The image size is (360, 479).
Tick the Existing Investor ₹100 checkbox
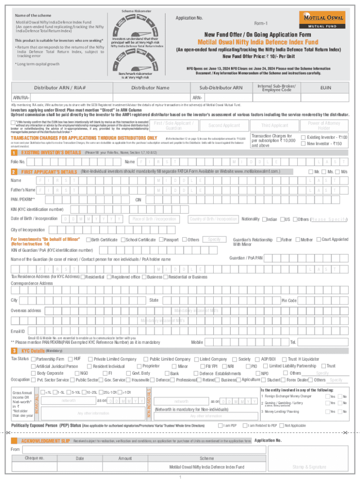click(x=303, y=137)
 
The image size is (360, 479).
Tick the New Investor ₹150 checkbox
click(x=303, y=144)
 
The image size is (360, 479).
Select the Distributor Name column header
click(x=150, y=87)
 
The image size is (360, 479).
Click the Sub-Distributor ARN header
click(x=221, y=87)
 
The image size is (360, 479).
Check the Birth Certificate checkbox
click(x=88, y=240)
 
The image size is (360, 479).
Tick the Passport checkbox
click(x=161, y=240)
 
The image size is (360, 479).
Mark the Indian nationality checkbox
click(x=265, y=219)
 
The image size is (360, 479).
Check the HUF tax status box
click(x=70, y=359)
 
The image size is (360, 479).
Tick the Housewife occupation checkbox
click(x=129, y=380)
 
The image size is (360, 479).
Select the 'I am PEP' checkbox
click(x=220, y=426)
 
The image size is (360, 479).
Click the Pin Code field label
click(x=288, y=300)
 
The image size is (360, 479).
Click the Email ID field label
click(x=18, y=331)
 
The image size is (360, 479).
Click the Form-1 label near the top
click(x=260, y=23)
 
